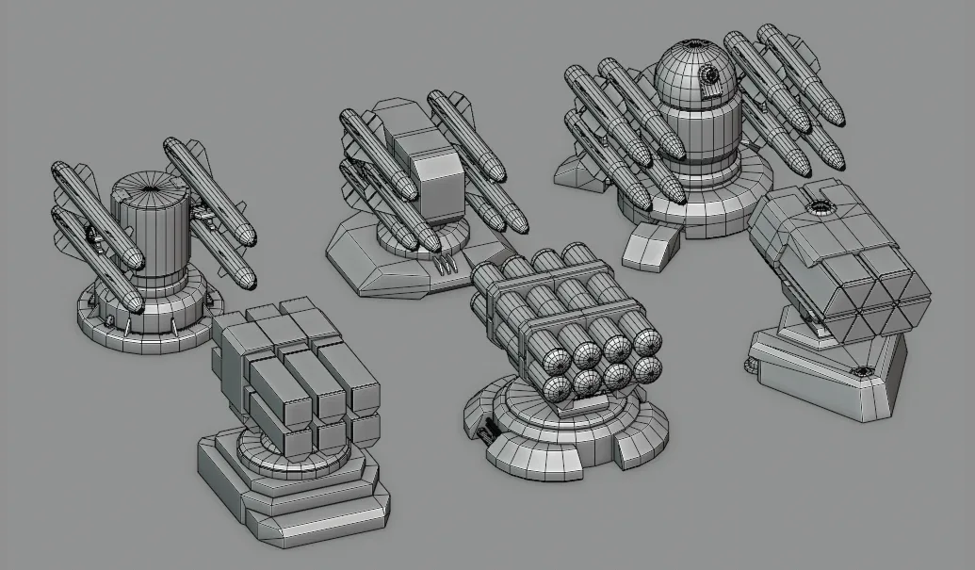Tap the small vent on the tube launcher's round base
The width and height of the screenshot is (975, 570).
pos(488,432)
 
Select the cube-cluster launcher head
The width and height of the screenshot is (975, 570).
pos(296,373)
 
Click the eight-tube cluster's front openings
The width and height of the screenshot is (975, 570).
pos(603,363)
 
